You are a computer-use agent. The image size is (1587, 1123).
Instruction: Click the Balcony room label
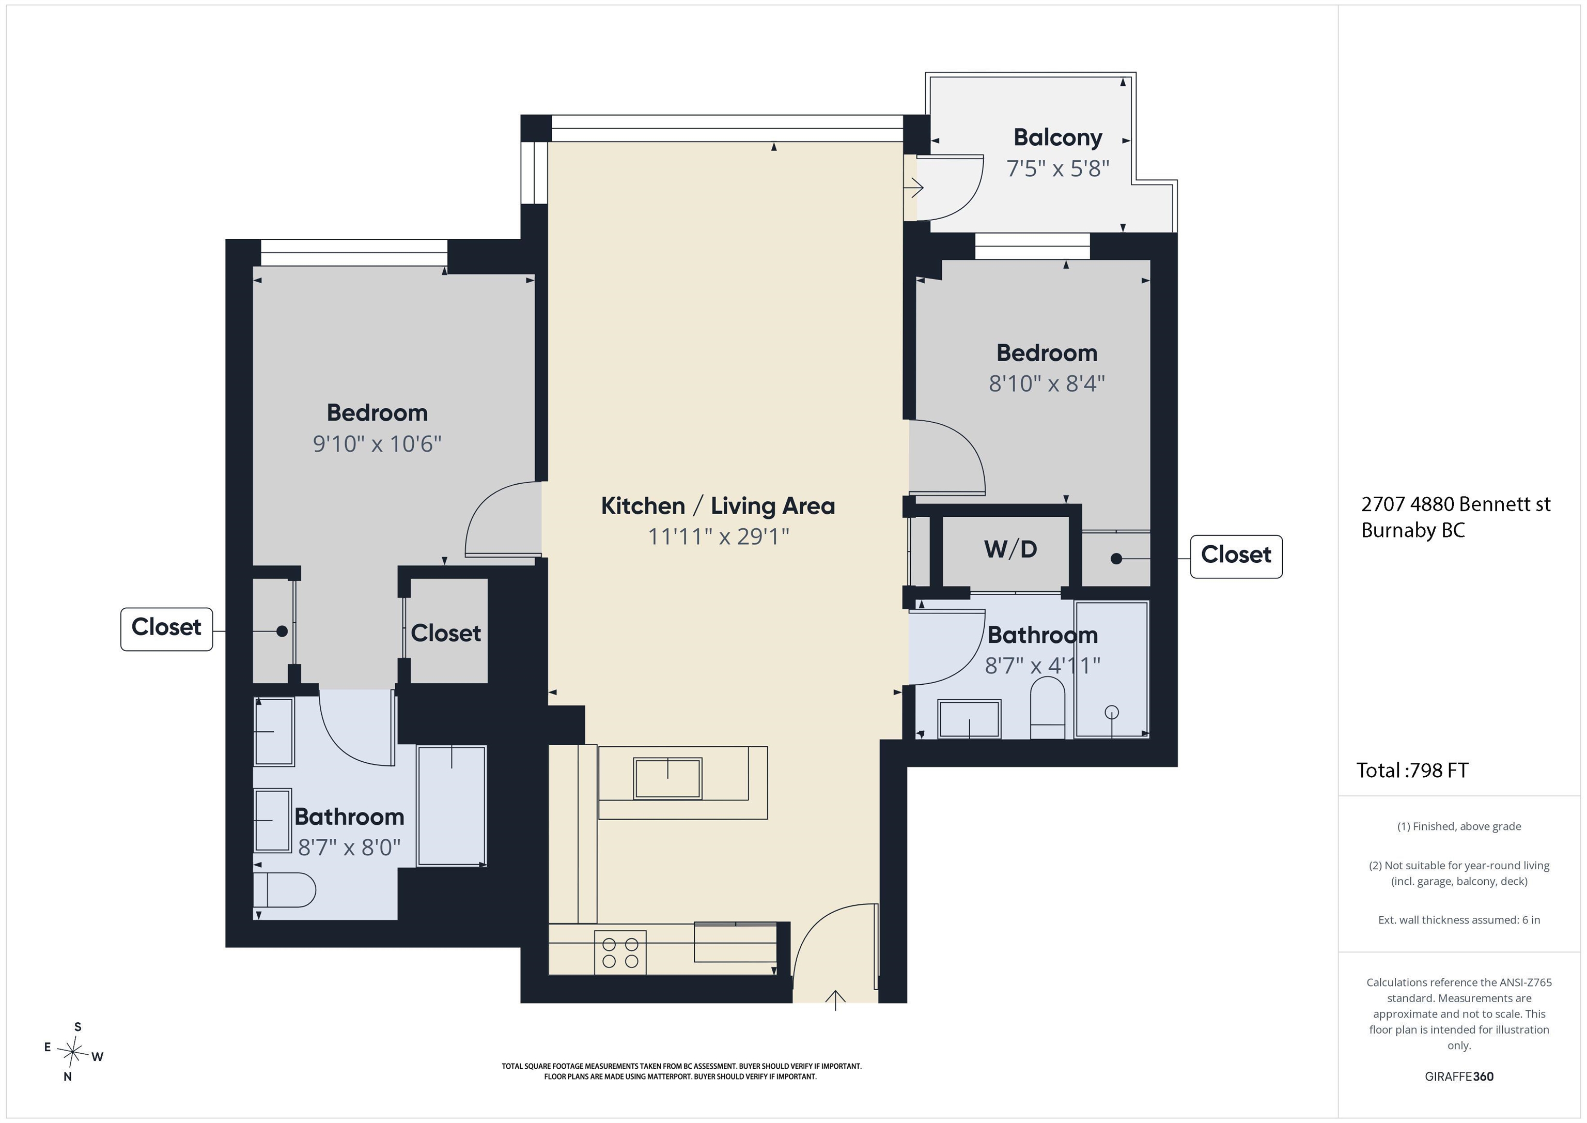[1057, 137]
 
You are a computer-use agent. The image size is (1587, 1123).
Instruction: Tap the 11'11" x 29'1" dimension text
[718, 536]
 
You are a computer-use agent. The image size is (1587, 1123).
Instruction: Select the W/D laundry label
[1010, 549]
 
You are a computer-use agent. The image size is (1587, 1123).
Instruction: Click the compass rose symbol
[72, 1052]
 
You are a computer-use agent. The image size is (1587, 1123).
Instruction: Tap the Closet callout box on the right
[1236, 556]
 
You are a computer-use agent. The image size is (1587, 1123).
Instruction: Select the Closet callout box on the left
[166, 628]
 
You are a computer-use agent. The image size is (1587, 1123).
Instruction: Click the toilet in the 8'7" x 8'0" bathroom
[284, 890]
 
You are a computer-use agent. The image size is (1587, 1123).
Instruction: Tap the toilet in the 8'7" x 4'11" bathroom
[1048, 707]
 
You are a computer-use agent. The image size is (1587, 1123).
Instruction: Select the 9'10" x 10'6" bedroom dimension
[378, 443]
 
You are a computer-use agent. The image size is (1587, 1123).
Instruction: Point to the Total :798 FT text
[1412, 771]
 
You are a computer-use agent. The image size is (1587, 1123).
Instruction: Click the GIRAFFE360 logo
[1459, 1076]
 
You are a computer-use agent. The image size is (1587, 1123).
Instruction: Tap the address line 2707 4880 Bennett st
[1456, 504]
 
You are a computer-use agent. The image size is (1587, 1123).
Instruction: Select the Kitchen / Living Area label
[718, 506]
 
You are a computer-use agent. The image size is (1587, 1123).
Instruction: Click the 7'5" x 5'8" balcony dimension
[1057, 168]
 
